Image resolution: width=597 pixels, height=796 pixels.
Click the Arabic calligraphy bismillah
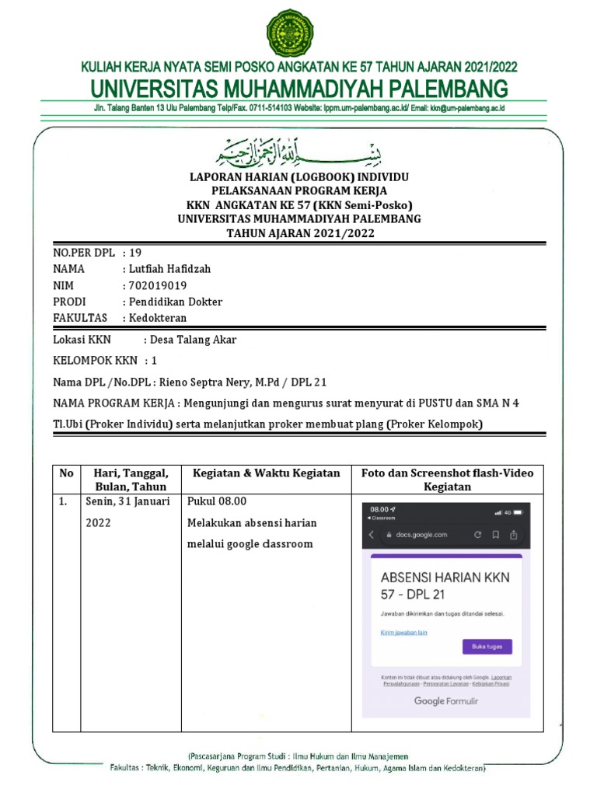298,152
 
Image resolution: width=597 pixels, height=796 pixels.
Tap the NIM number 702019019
157,285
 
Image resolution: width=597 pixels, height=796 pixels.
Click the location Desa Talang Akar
193,340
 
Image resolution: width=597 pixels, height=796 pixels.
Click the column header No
66,473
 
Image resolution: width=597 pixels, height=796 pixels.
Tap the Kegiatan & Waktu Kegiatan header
266,473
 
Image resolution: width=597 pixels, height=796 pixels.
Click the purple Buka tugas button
487,647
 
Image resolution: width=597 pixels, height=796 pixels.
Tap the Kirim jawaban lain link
403,633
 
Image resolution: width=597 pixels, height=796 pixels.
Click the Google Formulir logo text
446,701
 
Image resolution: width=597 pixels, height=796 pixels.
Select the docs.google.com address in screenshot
421,535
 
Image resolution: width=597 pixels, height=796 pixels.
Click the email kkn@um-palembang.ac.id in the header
466,109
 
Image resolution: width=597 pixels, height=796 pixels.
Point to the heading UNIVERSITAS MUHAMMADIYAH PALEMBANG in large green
298,88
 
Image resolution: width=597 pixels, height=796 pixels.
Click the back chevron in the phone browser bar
372,535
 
